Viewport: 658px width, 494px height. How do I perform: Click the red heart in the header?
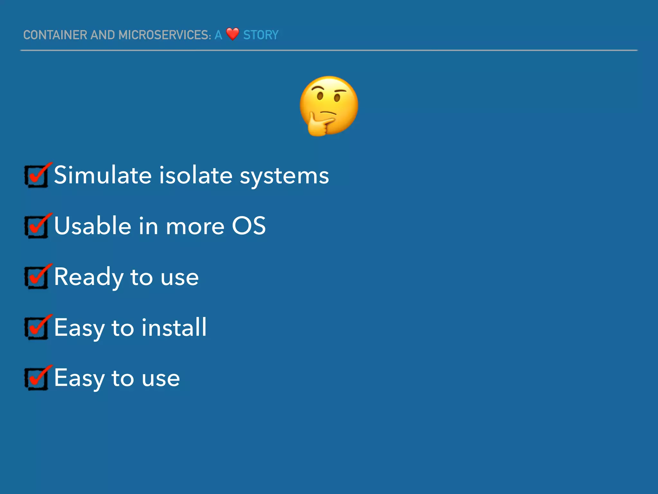point(232,34)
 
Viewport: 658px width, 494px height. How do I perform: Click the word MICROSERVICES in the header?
point(165,35)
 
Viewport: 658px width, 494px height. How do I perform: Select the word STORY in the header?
point(261,35)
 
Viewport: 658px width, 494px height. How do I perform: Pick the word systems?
point(284,176)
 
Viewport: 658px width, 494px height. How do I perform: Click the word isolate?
point(196,175)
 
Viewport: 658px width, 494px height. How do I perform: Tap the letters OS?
point(249,226)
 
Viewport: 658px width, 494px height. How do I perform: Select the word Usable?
point(93,226)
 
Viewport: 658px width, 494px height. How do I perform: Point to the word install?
point(174,327)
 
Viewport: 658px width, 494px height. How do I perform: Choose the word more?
point(195,226)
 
